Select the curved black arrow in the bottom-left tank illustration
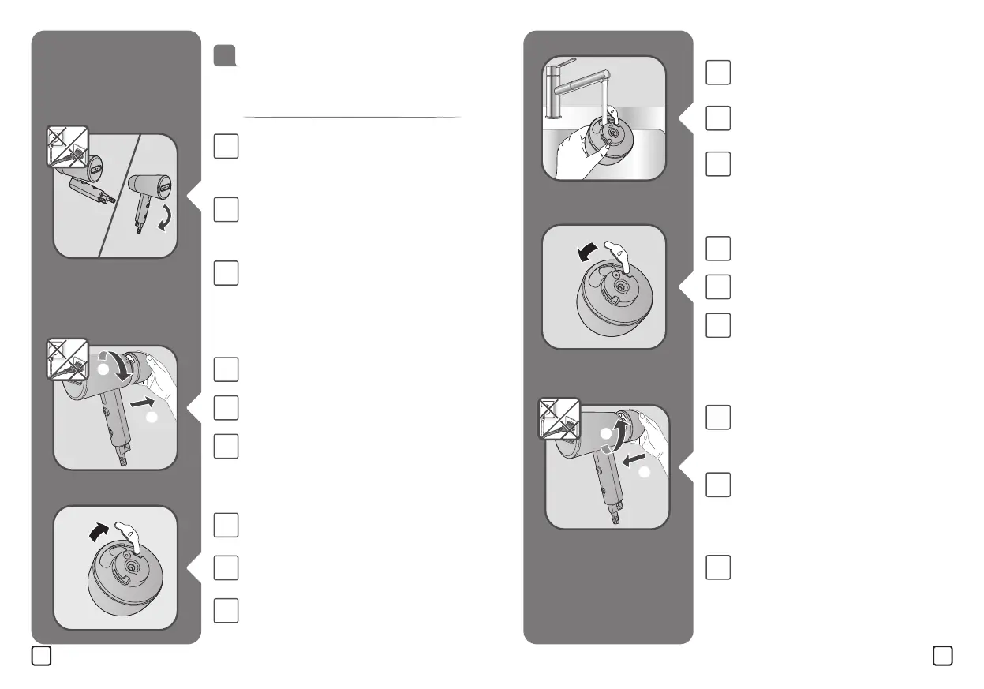click(100, 535)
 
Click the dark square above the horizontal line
click(225, 56)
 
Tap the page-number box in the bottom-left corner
click(42, 656)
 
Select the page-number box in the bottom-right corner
click(941, 656)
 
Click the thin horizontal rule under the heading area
click(351, 118)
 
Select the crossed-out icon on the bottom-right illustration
click(558, 418)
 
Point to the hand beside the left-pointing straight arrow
click(651, 442)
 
